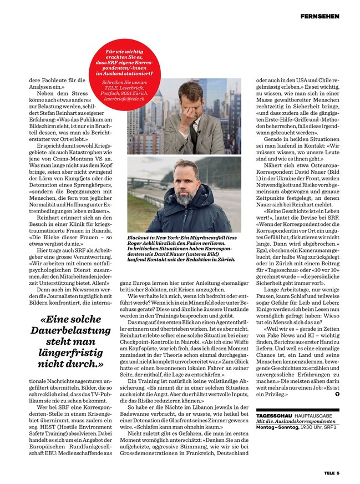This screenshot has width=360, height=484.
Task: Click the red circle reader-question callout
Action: (x=130, y=75)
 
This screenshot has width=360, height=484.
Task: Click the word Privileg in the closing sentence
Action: (x=274, y=394)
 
